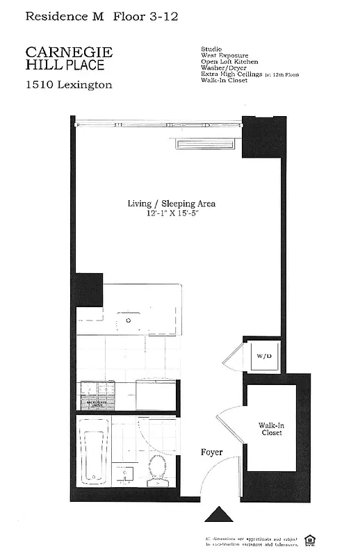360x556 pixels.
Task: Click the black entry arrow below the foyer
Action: pos(220,515)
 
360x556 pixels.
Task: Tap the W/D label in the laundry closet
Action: pos(263,356)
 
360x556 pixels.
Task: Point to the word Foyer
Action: pos(211,452)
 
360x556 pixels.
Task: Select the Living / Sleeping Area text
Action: pos(171,204)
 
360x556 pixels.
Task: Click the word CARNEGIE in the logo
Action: pos(69,52)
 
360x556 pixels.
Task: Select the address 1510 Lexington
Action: pos(69,85)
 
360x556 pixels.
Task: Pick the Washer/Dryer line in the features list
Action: pos(224,67)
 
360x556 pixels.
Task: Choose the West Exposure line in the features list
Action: pos(224,55)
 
